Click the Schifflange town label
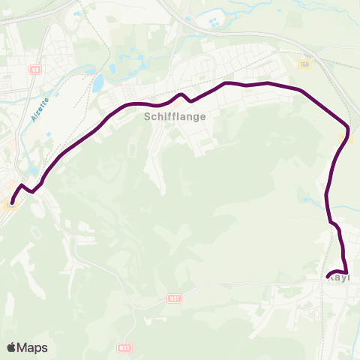coord(174,116)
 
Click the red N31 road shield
coord(173,298)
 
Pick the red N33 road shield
coord(124,348)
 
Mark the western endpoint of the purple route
coord(10,202)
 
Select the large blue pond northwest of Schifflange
coord(97,82)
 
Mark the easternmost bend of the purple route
coord(348,125)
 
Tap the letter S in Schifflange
coord(146,116)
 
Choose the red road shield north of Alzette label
coord(34,69)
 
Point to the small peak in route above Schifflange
coord(181,94)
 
